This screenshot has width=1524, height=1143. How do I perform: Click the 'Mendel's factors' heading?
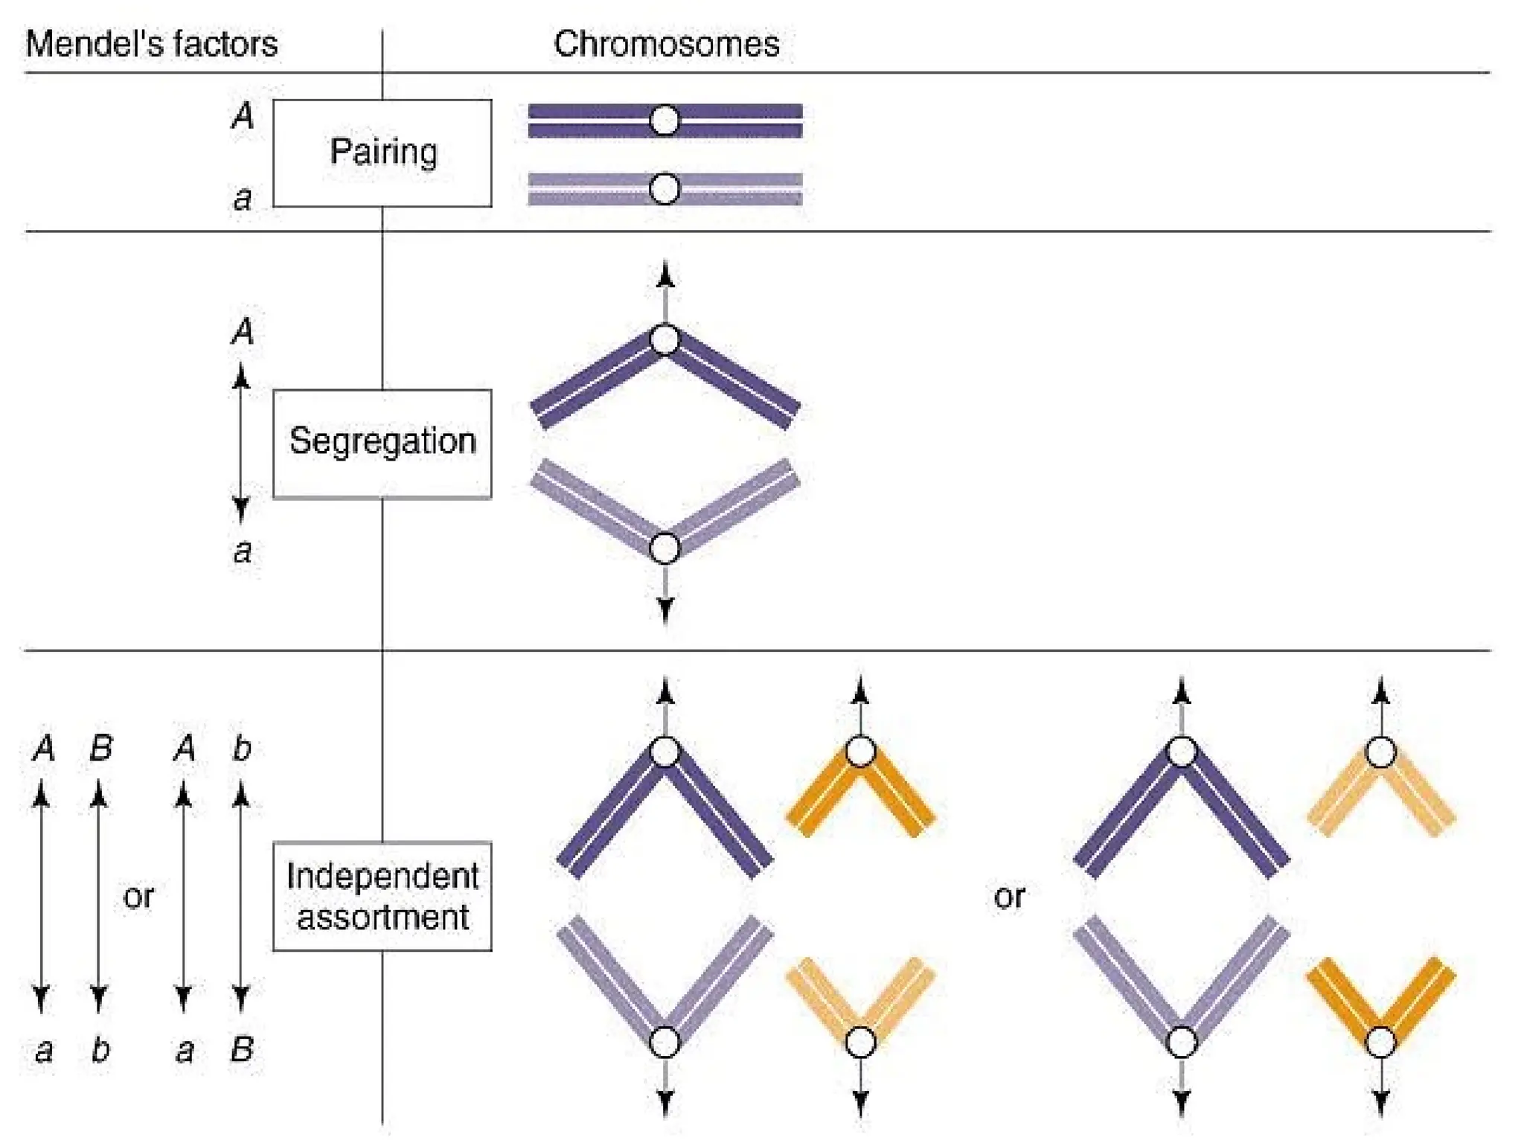(151, 43)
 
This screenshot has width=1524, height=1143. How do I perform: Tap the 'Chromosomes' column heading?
(666, 43)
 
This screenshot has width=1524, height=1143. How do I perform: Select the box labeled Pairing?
(382, 153)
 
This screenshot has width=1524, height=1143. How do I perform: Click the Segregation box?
(382, 443)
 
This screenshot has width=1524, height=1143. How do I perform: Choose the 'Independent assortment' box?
(382, 896)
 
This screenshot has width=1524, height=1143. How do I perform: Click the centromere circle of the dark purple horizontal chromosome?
(665, 120)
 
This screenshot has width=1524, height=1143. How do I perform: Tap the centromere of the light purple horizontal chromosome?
(665, 189)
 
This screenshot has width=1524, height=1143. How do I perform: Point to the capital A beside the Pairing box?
(243, 116)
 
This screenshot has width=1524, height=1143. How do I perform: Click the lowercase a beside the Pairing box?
(243, 198)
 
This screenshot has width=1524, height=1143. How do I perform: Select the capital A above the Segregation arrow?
(243, 331)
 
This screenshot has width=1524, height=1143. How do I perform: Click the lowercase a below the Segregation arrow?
(243, 551)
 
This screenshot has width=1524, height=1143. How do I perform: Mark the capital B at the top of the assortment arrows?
(101, 748)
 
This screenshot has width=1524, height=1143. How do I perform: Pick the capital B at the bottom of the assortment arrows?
(242, 1049)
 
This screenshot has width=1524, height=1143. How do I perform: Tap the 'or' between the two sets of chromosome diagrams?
(1009, 896)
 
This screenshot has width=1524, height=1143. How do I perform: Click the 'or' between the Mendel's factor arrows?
(138, 896)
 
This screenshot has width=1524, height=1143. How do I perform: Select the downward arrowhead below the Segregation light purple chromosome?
(665, 610)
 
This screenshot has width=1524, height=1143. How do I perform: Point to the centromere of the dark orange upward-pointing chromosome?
(860, 752)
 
